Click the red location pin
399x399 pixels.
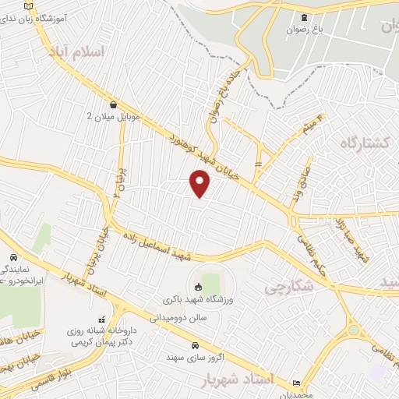[200, 184]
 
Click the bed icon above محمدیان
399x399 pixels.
[296, 383]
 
